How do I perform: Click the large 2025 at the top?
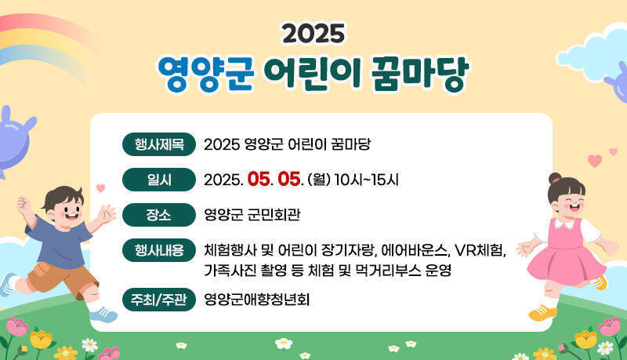313,34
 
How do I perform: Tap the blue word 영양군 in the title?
206,74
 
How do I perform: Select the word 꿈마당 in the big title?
419,74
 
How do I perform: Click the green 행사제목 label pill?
159,144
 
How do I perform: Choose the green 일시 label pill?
159,180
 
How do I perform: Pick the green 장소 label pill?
159,215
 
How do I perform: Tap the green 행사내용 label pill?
159,250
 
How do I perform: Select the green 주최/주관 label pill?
159,300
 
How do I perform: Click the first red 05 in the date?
259,180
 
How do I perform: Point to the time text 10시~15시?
366,180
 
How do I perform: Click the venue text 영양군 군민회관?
252,215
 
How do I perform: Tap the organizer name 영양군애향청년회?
257,300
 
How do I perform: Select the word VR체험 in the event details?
480,250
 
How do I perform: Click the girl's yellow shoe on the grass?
542,313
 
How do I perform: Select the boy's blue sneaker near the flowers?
103,315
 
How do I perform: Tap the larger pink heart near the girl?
595,161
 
